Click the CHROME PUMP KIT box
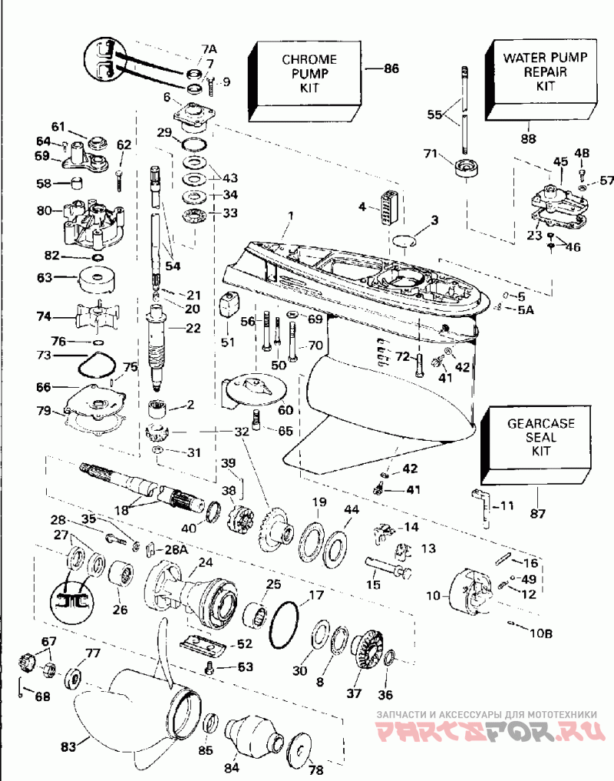[x=304, y=81]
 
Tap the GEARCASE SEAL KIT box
[x=536, y=445]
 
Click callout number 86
[x=391, y=68]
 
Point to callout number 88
[x=528, y=138]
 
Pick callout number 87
[x=538, y=513]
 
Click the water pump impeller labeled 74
[x=97, y=316]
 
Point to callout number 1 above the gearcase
[x=291, y=216]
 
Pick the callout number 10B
[x=540, y=633]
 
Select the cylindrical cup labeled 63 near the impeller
[x=97, y=281]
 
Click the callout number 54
[x=173, y=266]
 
